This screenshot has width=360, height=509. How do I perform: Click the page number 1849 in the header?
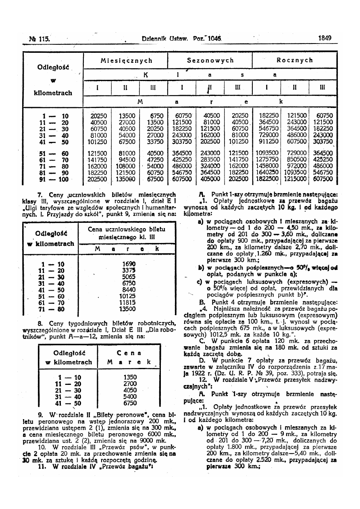pos(325,38)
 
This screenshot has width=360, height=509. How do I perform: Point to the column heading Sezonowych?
pos(210,60)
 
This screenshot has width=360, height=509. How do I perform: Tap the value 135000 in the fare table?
pos(125,179)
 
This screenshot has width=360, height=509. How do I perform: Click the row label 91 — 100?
pos(55,179)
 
